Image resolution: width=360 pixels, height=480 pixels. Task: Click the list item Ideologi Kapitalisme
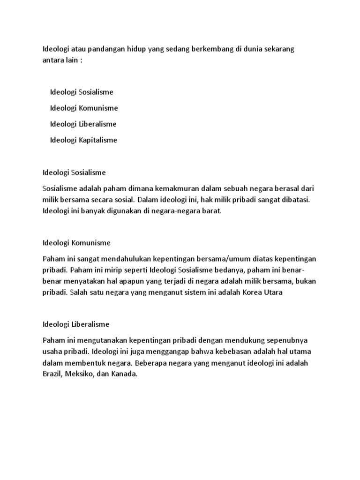pos(83,140)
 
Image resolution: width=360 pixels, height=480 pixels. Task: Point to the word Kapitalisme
pos(98,140)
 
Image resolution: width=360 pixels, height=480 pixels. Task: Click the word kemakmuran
pos(178,188)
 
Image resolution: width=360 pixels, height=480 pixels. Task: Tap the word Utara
pos(273,293)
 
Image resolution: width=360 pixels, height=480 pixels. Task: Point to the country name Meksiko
pos(79,374)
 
